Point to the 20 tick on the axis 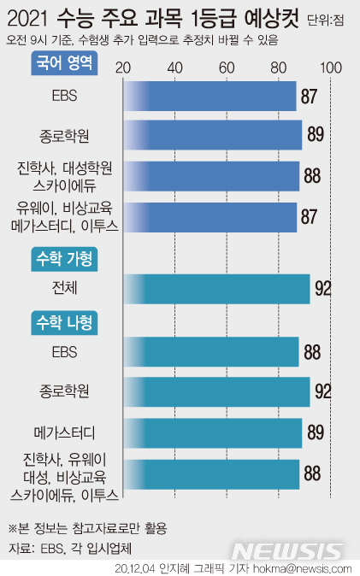point(123,68)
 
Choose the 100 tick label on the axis point(331,68)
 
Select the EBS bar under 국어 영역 point(210,96)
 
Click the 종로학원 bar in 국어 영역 point(213,135)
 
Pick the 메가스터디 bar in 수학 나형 point(213,432)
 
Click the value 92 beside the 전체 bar point(322,288)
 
